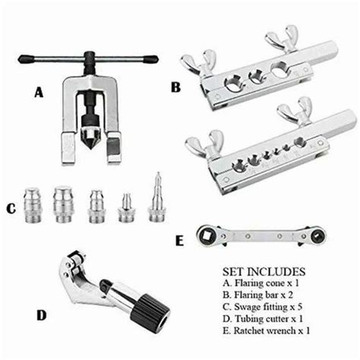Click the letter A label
pyautogui.click(x=39, y=92)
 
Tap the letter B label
pyautogui.click(x=175, y=87)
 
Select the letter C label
pyautogui.click(x=11, y=209)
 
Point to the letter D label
pyautogui.click(x=42, y=315)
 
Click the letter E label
pyautogui.click(x=179, y=241)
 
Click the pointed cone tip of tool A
pyautogui.click(x=91, y=147)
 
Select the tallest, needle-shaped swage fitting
pyautogui.click(x=157, y=198)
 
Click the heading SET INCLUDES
pyautogui.click(x=264, y=272)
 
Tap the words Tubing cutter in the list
pyautogui.click(x=262, y=319)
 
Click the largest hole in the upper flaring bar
pyautogui.click(x=279, y=69)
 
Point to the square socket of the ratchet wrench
pyautogui.click(x=207, y=235)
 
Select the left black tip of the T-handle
pyautogui.click(x=26, y=59)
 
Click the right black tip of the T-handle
pyautogui.click(x=150, y=59)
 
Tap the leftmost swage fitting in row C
pyautogui.click(x=33, y=205)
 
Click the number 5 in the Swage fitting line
pyautogui.click(x=299, y=307)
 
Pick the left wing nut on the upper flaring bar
pyautogui.click(x=199, y=63)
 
